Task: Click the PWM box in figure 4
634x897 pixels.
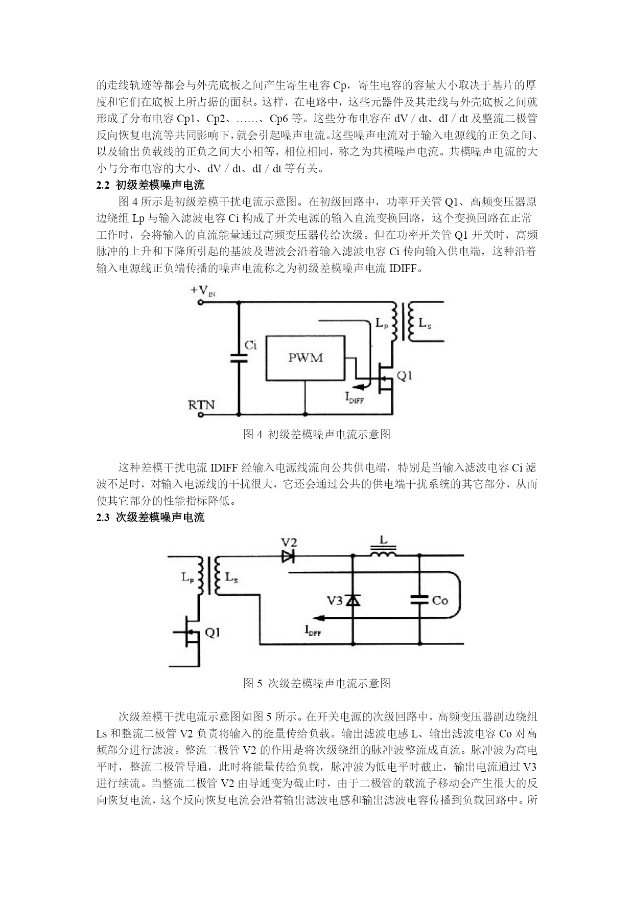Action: (306, 358)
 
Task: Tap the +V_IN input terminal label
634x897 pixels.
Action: (203, 291)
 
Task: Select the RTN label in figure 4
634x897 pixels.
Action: (202, 405)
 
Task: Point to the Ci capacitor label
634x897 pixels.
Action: (250, 345)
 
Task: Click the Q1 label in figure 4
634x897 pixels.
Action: (405, 376)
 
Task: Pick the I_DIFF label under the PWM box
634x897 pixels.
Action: (355, 397)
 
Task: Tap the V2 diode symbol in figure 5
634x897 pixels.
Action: (289, 555)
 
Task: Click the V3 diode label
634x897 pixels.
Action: (335, 600)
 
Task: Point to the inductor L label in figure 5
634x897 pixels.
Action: (384, 540)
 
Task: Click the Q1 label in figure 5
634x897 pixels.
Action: (213, 633)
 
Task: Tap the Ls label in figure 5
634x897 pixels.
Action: (231, 578)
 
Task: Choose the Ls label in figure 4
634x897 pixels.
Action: (425, 324)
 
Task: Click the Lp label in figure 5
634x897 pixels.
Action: (187, 577)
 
